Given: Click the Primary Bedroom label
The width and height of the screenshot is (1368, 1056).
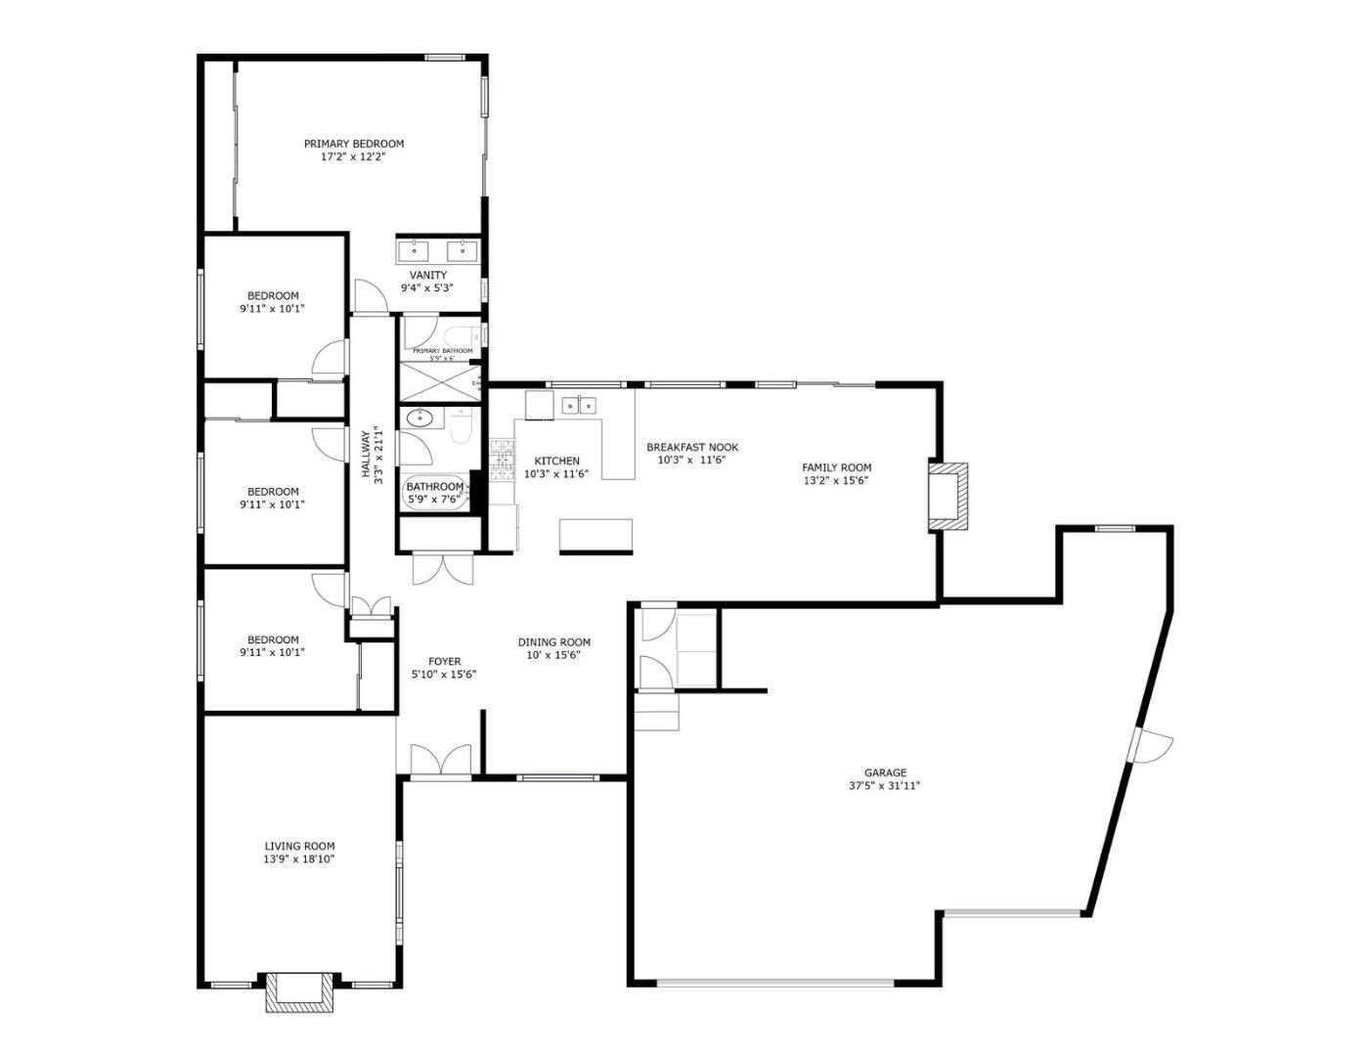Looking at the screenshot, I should coord(353,144).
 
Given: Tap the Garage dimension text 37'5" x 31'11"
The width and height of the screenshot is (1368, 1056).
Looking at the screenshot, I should coord(884,785).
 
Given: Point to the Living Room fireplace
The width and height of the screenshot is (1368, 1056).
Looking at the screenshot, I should coord(298,990).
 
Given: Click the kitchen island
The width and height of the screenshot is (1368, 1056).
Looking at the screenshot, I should coord(596,536).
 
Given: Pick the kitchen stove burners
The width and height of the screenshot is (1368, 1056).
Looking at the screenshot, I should coord(502,460).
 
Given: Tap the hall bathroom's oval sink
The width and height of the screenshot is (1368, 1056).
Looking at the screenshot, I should coord(420,418).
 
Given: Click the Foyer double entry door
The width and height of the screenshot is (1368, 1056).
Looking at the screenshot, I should coord(440,762).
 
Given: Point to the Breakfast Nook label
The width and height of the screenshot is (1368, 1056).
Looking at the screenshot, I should coord(692,447).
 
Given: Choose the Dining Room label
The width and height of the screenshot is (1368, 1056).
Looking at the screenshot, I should coord(553,642).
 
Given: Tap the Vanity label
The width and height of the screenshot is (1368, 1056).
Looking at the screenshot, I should coord(428,275).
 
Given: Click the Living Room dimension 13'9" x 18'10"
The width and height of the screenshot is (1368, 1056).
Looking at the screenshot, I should coord(299,859).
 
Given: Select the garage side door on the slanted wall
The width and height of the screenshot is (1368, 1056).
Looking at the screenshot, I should coord(1149,745).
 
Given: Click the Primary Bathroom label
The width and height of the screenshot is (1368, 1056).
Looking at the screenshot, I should coord(442,351).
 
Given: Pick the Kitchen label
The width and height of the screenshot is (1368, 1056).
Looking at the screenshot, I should coord(556,461).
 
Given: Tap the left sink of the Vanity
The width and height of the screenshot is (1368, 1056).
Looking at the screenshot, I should coord(414,249).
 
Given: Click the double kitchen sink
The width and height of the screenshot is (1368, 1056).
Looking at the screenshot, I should coord(580,405).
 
